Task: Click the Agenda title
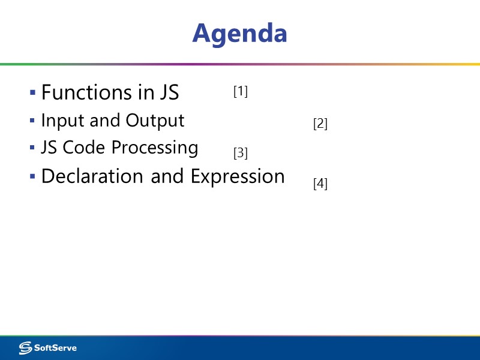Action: (x=239, y=33)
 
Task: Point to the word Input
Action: (x=63, y=121)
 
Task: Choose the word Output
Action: (x=155, y=121)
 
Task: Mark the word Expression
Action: (x=238, y=177)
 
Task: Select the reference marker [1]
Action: (x=241, y=91)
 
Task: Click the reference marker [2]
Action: (x=320, y=124)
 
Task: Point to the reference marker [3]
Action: (x=241, y=153)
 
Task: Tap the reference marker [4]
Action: (x=320, y=184)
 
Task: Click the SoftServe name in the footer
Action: (x=55, y=347)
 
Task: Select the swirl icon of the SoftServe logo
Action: (x=25, y=347)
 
